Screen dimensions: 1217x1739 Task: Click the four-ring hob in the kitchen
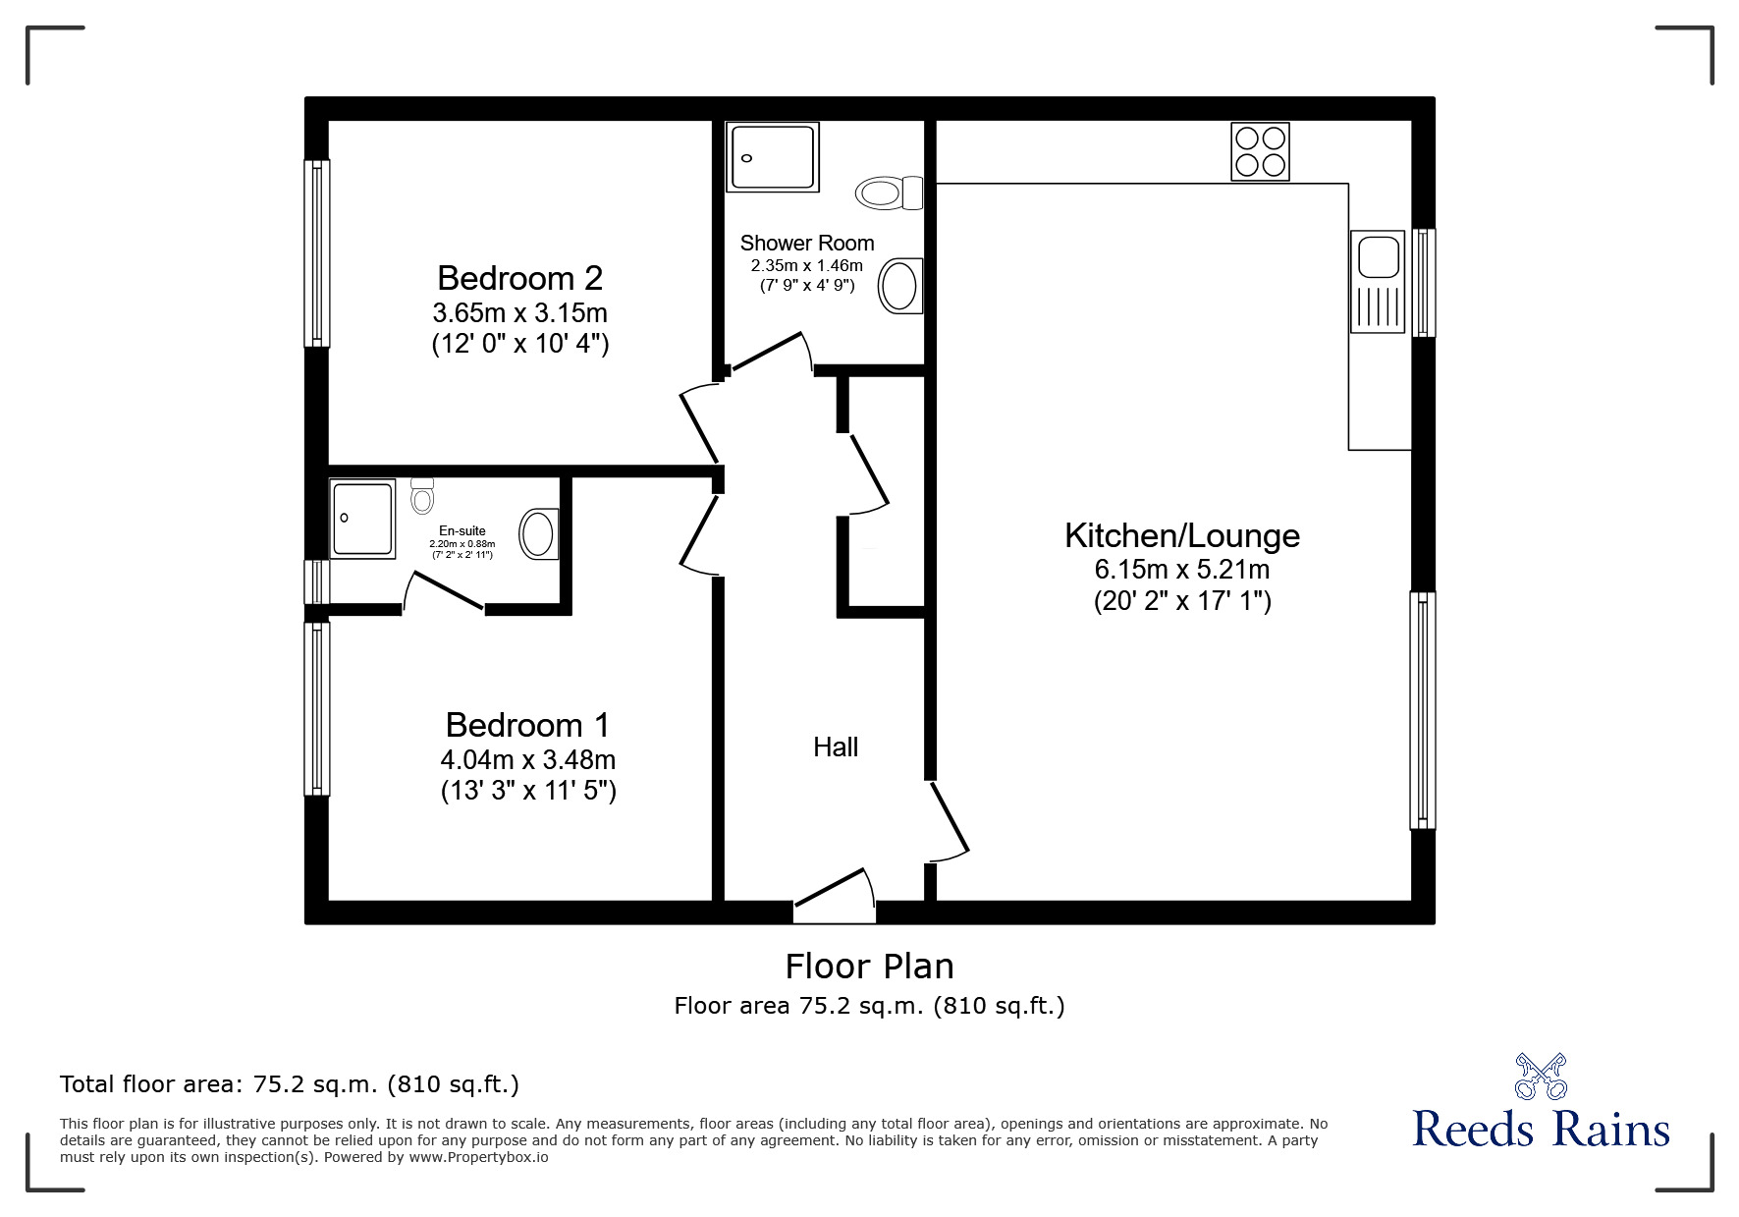[x=1260, y=151]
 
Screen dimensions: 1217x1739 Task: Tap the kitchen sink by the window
[x=1379, y=257]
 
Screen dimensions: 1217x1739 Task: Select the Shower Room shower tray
[x=772, y=157]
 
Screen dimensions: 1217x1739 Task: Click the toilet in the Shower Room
[x=891, y=193]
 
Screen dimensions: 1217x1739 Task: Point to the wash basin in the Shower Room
[x=899, y=286]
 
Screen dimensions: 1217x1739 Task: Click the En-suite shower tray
[x=362, y=519]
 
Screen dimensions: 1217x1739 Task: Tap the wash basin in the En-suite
[x=539, y=533]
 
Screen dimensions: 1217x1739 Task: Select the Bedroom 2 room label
[x=519, y=278]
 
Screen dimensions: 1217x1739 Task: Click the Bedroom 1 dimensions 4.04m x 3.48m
[x=528, y=759]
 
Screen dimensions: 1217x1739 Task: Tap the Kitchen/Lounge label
[x=1182, y=535]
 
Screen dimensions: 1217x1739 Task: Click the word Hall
[x=836, y=747]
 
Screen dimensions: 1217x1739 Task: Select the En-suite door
[x=444, y=592]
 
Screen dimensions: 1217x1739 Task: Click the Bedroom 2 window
[x=317, y=253]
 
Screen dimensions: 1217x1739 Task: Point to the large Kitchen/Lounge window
[x=1423, y=709]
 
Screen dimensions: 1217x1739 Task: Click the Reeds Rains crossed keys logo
[x=1541, y=1076]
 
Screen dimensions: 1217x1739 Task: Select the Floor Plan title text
[x=869, y=967]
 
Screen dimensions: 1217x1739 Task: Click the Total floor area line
[x=290, y=1084]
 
